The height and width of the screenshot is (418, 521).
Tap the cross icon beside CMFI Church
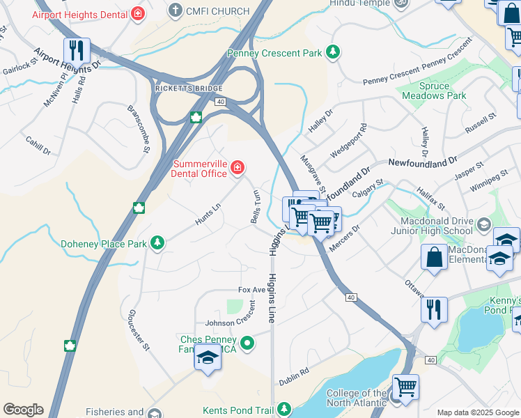click(175, 10)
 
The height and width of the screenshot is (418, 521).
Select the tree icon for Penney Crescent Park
click(334, 52)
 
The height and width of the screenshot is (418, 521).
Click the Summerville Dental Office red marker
click(238, 167)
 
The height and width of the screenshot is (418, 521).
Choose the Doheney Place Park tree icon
click(158, 242)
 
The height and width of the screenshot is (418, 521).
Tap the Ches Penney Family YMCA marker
click(247, 343)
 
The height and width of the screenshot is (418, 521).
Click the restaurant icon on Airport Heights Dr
click(77, 51)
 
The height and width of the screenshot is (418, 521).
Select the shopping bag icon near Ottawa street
click(434, 257)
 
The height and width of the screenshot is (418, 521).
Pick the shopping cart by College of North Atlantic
click(405, 387)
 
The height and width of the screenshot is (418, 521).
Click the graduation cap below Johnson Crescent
click(207, 357)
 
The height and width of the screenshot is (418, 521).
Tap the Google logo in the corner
click(23, 410)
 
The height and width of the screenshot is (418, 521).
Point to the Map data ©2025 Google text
click(477, 412)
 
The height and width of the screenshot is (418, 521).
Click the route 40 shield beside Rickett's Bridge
click(220, 102)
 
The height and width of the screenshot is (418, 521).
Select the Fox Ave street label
click(252, 289)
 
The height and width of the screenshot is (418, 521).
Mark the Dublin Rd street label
click(294, 376)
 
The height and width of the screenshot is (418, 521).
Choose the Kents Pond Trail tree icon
click(284, 409)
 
